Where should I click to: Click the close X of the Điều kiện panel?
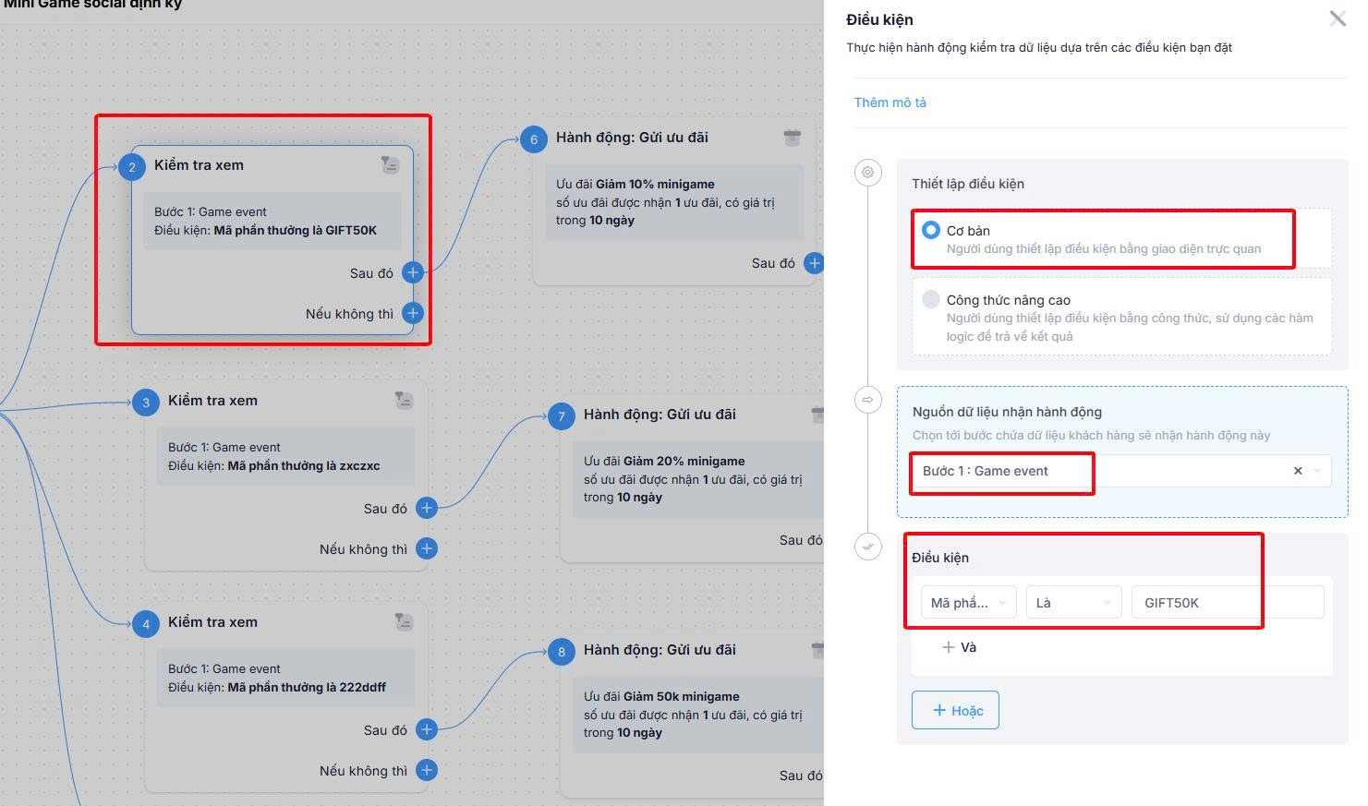tap(1338, 18)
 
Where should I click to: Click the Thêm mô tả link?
tap(890, 102)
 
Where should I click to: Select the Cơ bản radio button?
tap(931, 230)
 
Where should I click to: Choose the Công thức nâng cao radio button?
tap(931, 299)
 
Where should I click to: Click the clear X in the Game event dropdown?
tap(1298, 471)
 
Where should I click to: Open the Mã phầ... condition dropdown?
tap(969, 603)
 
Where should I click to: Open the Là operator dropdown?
tap(1073, 603)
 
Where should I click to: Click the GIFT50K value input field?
tap(1228, 603)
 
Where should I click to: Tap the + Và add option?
tap(959, 647)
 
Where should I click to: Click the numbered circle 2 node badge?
tap(132, 167)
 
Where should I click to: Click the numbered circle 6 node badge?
tap(534, 139)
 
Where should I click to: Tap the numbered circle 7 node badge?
tap(562, 416)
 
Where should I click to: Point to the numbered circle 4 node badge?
tap(146, 624)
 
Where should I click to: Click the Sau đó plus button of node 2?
tap(413, 272)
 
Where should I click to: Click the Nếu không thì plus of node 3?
tap(426, 548)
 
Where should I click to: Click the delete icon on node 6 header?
tap(793, 138)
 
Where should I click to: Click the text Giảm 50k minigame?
tap(682, 697)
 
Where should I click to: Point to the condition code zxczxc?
tap(359, 466)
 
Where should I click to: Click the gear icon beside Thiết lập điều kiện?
tap(868, 173)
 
